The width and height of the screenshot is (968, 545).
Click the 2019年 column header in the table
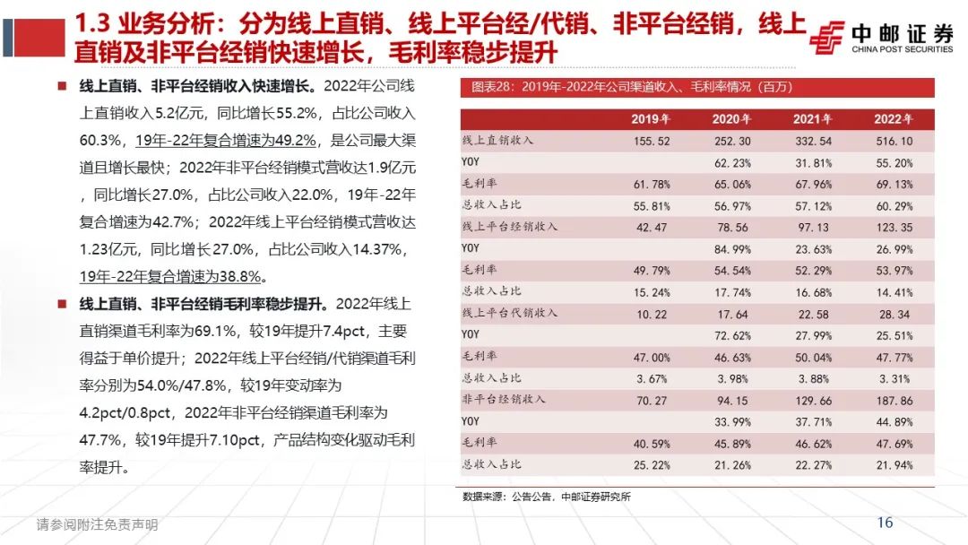coord(651,119)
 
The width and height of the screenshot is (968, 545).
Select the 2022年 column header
coord(893,119)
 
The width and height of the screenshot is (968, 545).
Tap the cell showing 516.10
coord(893,142)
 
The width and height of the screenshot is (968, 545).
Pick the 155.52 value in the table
coord(651,142)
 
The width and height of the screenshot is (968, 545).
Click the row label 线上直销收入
coord(497,141)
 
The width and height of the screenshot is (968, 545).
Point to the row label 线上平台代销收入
coord(509,312)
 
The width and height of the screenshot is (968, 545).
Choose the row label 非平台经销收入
coord(503,398)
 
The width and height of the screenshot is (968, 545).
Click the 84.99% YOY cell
coord(731,248)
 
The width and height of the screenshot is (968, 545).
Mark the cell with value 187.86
coord(893,399)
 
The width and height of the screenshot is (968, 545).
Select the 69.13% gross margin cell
coord(893,185)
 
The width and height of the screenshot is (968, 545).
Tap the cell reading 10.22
coord(651,313)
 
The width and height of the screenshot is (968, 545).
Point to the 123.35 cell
coord(893,227)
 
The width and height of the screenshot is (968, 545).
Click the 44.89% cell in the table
coord(893,420)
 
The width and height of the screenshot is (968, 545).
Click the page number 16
coord(885,523)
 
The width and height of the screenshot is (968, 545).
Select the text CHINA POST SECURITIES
coord(902,50)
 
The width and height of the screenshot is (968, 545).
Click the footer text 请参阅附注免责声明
coord(97,524)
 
